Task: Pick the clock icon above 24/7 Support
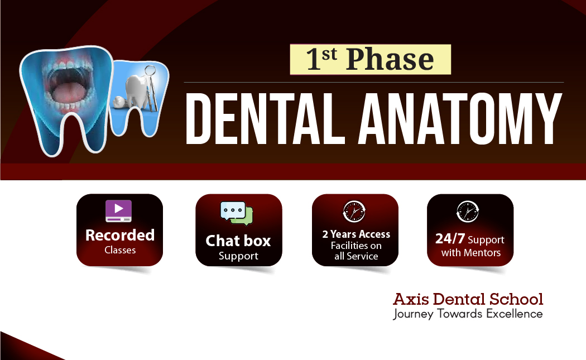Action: (x=468, y=212)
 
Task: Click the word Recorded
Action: (x=119, y=235)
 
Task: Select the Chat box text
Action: (x=238, y=241)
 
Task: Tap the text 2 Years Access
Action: (x=356, y=234)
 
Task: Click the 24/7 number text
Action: (x=450, y=239)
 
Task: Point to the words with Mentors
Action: (x=470, y=253)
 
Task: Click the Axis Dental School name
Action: (x=468, y=299)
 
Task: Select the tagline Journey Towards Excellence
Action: (x=468, y=314)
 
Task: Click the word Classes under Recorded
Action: (x=120, y=250)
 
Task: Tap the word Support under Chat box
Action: (x=238, y=256)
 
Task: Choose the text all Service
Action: (x=356, y=257)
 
